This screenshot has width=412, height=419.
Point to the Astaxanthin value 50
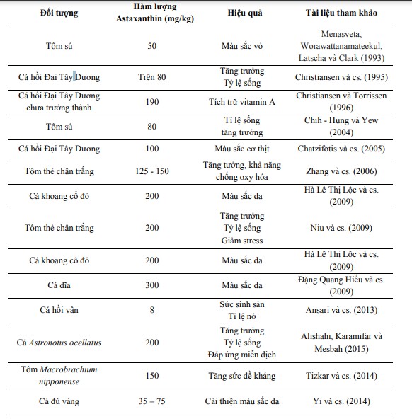[151, 45]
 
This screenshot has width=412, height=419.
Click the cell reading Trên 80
[151, 77]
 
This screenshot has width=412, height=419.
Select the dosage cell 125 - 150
[151, 171]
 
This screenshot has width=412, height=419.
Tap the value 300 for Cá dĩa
[151, 285]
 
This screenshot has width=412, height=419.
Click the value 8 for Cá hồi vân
[151, 309]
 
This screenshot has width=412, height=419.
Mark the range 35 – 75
[151, 401]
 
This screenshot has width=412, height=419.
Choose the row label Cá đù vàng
[59, 401]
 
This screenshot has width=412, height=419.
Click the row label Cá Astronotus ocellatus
[59, 343]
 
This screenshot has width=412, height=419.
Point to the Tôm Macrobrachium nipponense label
[59, 375]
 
